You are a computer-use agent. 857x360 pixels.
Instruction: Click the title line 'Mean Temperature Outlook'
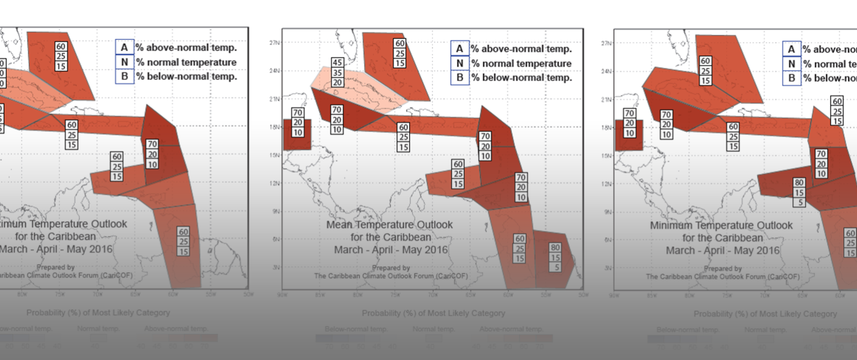pos(389,225)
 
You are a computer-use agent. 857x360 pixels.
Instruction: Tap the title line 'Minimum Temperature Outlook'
pos(721,226)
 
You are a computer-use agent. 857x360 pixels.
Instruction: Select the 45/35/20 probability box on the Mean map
pos(337,72)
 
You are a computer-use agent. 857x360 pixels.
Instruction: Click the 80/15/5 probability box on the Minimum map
pos(799,193)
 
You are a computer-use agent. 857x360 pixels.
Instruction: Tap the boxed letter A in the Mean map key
pos(459,49)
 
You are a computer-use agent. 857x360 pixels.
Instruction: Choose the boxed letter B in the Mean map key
pos(459,78)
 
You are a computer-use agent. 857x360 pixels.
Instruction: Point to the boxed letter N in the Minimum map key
pos(791,64)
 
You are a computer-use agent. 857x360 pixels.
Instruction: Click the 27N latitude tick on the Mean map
pos(274,43)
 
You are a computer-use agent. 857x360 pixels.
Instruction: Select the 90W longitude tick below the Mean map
pos(281,295)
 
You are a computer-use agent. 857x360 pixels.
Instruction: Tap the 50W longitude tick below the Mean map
pos(583,295)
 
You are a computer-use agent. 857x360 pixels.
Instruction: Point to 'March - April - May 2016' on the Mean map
pos(391,250)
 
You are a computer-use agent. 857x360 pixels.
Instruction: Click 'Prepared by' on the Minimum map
pos(722,269)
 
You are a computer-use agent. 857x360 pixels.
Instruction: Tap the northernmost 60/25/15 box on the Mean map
pos(400,53)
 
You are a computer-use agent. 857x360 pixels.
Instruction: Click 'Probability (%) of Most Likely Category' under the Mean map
pos(433,313)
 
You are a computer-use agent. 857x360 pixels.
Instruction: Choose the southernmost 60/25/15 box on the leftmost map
pos(183,241)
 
